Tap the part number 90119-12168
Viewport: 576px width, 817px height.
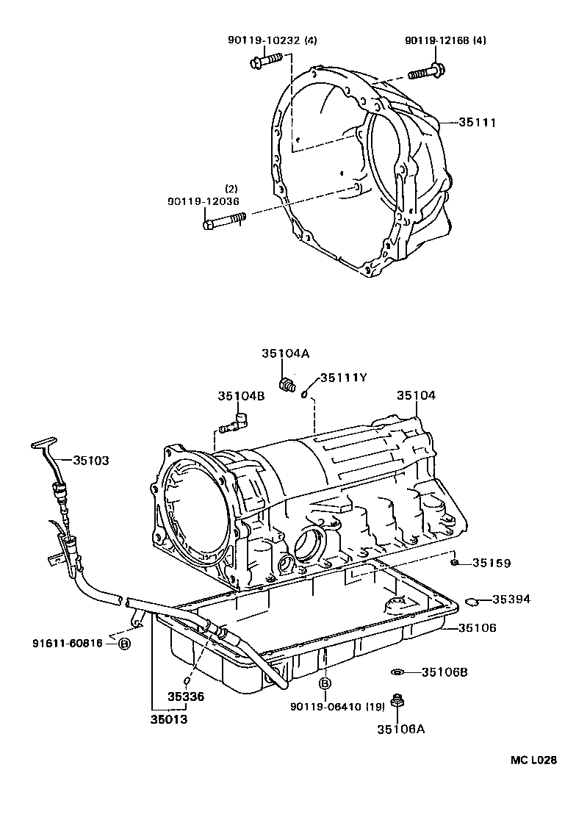pos(436,41)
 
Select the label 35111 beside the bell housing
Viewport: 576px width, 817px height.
pos(478,123)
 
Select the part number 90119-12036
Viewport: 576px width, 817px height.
pos(203,201)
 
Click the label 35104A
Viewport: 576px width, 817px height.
pos(285,353)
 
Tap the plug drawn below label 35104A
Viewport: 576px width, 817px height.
pos(287,384)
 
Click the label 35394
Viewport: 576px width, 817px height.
pos(511,599)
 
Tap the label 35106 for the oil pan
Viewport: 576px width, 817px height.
pos(478,627)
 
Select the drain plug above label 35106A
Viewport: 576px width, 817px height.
pos(397,702)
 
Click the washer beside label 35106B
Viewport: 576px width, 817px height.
pos(397,672)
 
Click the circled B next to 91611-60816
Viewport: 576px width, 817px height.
pos(124,644)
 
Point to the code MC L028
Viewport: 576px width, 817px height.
pos(534,760)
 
